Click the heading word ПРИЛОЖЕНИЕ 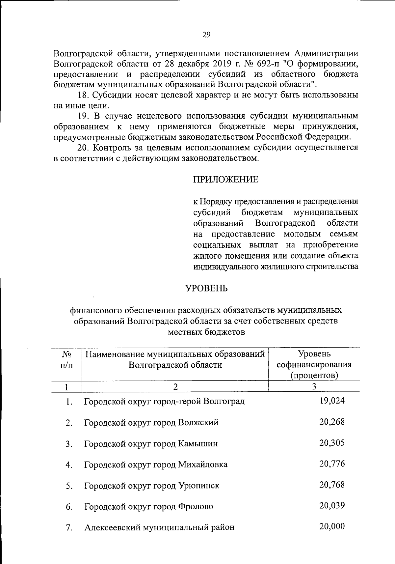coord(225,180)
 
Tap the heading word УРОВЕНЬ coord(206,288)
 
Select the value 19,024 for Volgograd coord(332,401)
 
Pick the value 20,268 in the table coord(332,422)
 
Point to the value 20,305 coord(332,443)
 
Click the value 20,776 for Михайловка coord(332,464)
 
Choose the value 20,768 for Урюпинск coord(332,485)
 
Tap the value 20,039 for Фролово coord(332,506)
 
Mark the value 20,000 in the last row coord(332,526)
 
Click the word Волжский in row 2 coord(198,423)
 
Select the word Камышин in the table coord(198,444)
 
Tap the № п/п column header coord(67,360)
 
